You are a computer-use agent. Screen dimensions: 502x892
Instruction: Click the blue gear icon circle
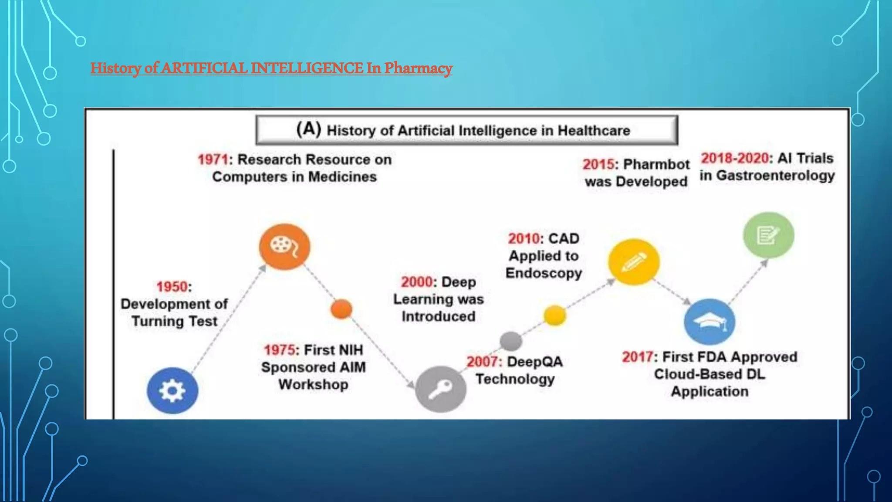coord(172,390)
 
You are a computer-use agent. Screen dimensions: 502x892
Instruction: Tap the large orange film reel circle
coord(284,247)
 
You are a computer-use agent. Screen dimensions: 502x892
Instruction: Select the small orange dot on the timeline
coord(341,309)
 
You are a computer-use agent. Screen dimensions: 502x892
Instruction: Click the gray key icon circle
coord(440,389)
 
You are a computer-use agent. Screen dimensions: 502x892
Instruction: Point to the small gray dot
coord(511,341)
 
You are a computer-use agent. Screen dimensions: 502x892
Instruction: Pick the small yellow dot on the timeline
coord(555,315)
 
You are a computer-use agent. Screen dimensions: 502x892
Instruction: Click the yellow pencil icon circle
coord(634,261)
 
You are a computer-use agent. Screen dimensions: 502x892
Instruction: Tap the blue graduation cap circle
coord(710,322)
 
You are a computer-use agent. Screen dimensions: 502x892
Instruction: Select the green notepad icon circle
coord(768,235)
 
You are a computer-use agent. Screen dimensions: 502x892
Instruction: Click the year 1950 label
coord(172,287)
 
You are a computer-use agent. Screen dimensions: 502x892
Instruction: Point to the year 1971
coord(213,159)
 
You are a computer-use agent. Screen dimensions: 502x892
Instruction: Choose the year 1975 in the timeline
coord(280,350)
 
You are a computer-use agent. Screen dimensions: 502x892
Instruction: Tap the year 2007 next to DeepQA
coord(483,362)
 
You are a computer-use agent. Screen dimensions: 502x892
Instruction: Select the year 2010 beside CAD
coord(524,239)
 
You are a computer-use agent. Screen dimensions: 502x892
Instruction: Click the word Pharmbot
coord(656,164)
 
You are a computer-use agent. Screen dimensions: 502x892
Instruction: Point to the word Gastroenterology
coord(776,176)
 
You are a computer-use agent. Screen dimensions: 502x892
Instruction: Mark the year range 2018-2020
coord(735,158)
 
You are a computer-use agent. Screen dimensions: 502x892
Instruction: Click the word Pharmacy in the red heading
coord(418,68)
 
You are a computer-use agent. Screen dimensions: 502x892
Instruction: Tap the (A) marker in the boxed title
coord(308,129)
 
